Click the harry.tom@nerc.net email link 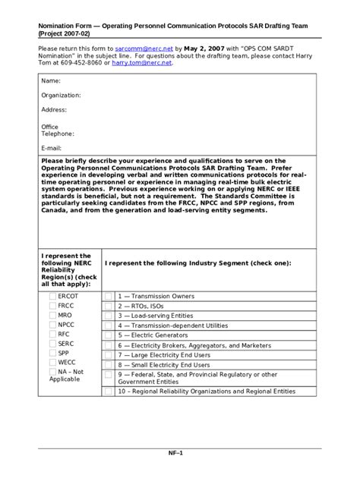[142, 63]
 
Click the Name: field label [50, 80]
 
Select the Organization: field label [61, 96]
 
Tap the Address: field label [54, 110]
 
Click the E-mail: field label [52, 148]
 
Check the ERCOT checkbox [52, 296]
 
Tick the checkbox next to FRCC [52, 306]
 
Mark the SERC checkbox [52, 344]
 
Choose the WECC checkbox [52, 363]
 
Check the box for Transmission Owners [109, 296]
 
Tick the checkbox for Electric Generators [109, 335]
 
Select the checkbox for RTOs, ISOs [109, 306]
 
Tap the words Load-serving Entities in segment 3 [161, 315]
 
